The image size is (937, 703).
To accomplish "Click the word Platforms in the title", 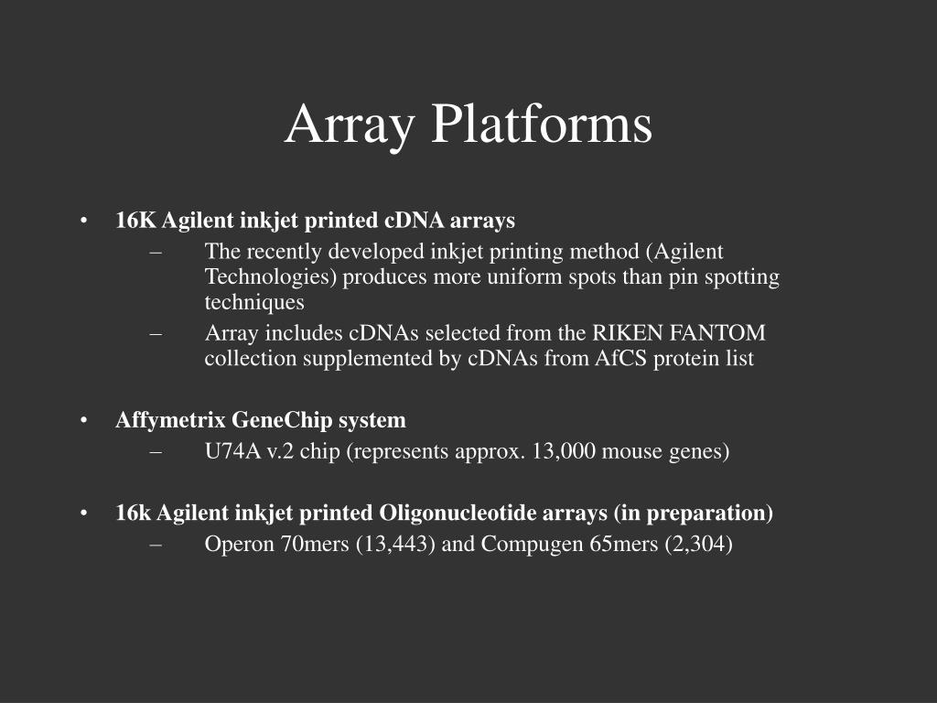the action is tap(542, 124).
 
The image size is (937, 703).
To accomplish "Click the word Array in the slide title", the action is tap(350, 126).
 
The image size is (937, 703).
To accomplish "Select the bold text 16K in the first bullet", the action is tap(135, 220).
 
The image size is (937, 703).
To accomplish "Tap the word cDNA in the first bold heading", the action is tap(415, 220).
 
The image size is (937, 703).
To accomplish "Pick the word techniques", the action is tap(254, 302).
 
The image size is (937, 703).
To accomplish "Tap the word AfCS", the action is tap(621, 358).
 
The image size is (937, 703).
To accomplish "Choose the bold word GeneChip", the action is tap(282, 420).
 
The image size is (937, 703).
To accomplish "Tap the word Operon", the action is tap(240, 544).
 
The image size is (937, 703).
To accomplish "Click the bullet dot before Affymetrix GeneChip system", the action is tap(83, 420).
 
